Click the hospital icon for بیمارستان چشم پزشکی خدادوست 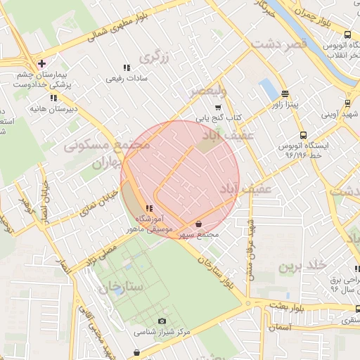pos(42,64)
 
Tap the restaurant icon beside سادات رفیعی pos(127,68)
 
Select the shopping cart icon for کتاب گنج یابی pos(218,108)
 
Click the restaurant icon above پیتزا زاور pos(285,94)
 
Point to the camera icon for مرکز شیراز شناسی pos(163,321)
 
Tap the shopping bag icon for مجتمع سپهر pos(199,224)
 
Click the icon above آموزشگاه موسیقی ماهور pos(148,208)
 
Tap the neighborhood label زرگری pos(155,57)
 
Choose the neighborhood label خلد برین pos(303,266)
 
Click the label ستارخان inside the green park pos(120,288)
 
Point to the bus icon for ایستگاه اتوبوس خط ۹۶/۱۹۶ pos(302,135)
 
